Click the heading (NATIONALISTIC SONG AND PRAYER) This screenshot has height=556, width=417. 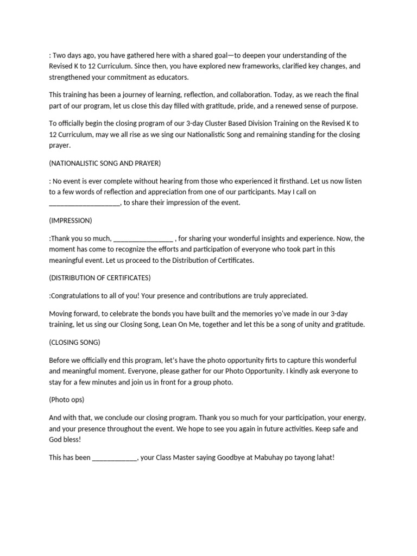coord(105,163)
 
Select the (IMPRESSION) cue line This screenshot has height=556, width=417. coord(71,220)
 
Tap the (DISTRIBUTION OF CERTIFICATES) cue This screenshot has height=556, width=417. coord(100,277)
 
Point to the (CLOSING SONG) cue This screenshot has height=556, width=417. coord(74,343)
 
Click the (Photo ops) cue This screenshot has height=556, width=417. coord(67,400)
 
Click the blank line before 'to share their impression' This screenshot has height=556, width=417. coord(84,203)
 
